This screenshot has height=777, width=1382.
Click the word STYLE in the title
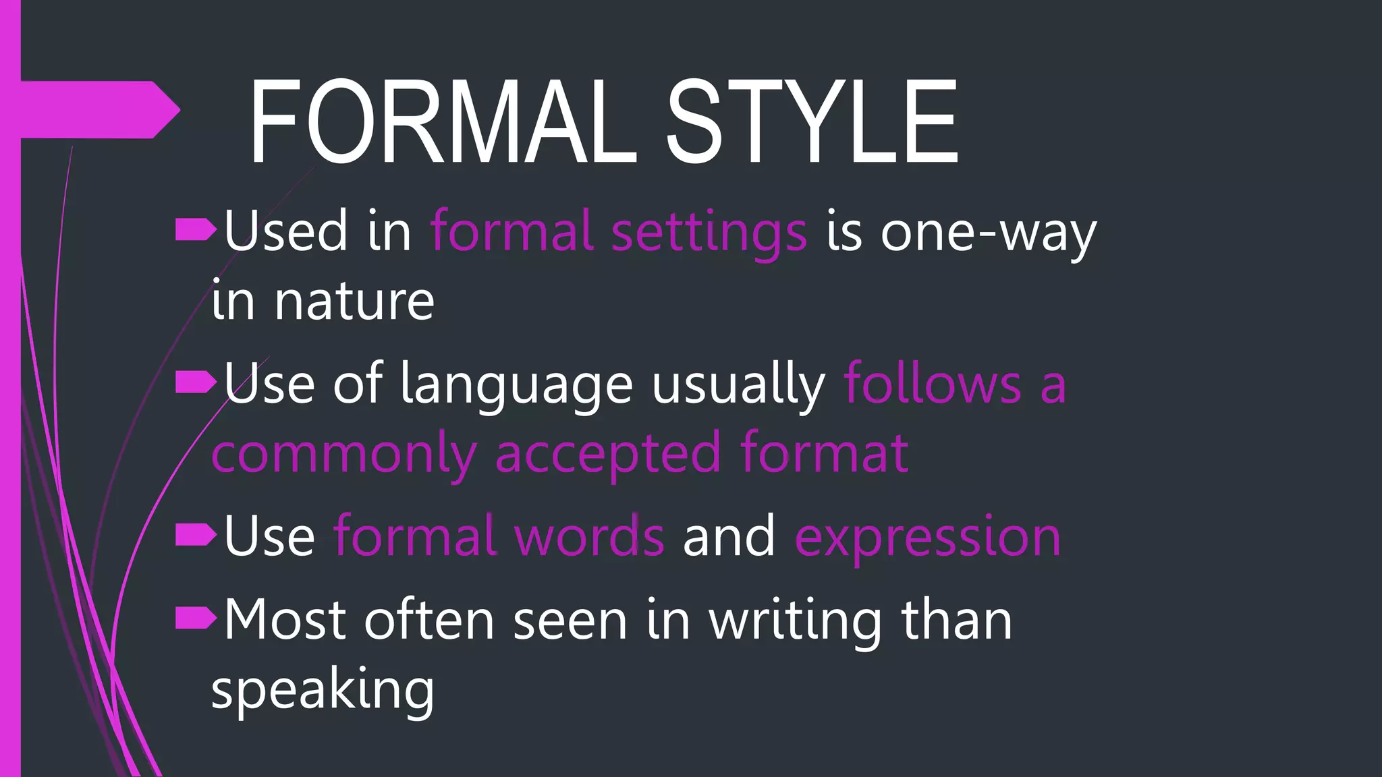pyautogui.click(x=812, y=122)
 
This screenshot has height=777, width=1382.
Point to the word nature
pyautogui.click(x=354, y=301)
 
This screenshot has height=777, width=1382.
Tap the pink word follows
pyautogui.click(x=933, y=384)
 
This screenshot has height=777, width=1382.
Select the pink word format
pyautogui.click(x=824, y=453)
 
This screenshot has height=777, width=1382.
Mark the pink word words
pyautogui.click(x=589, y=536)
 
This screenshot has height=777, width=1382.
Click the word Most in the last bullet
pyautogui.click(x=285, y=621)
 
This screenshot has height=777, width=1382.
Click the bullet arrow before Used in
pyautogui.click(x=196, y=230)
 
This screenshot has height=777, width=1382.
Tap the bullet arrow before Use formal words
pyautogui.click(x=196, y=535)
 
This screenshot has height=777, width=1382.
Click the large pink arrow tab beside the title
pyautogui.click(x=101, y=110)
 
